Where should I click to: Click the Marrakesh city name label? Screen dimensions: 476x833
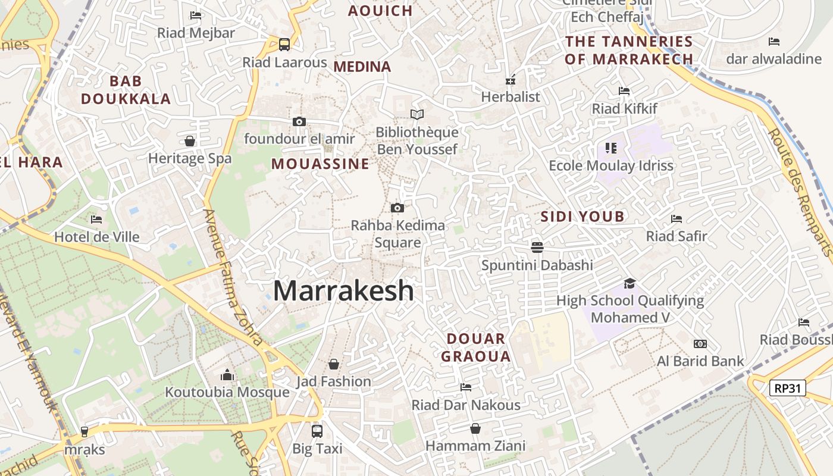pos(343,291)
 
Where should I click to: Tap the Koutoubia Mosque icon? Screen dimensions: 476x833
pos(227,375)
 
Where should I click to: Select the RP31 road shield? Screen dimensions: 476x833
pos(787,389)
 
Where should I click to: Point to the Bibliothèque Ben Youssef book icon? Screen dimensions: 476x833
pos(417,114)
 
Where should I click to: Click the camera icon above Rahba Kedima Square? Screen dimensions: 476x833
pos(397,208)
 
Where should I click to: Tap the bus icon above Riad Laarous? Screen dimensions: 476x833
pos(284,44)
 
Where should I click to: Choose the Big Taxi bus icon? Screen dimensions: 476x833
pos(317,431)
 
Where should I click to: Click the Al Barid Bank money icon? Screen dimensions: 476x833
pos(700,344)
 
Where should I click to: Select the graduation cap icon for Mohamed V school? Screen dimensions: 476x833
pos(630,283)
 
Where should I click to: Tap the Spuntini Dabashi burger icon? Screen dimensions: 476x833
pos(537,247)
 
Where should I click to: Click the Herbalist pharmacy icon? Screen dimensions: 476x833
pos(511,79)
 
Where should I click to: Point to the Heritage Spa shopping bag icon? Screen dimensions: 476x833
pos(190,141)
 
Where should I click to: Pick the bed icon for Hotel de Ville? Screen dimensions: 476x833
pos(96,220)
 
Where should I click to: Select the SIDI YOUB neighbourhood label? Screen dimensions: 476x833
pos(583,217)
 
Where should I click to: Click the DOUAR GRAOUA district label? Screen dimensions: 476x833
pos(478,347)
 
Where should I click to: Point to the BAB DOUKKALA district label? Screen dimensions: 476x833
pos(126,90)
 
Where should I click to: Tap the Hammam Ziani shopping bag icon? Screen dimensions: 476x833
pos(475,428)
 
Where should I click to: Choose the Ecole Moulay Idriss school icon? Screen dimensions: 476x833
pos(611,148)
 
